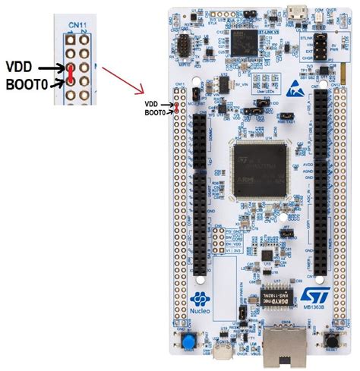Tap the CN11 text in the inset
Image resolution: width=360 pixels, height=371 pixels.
[x=75, y=25]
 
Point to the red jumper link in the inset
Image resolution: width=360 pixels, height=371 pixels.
[x=70, y=74]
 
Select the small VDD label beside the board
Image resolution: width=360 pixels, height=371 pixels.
[x=151, y=103]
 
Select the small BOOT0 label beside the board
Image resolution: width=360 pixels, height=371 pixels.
[x=155, y=112]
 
